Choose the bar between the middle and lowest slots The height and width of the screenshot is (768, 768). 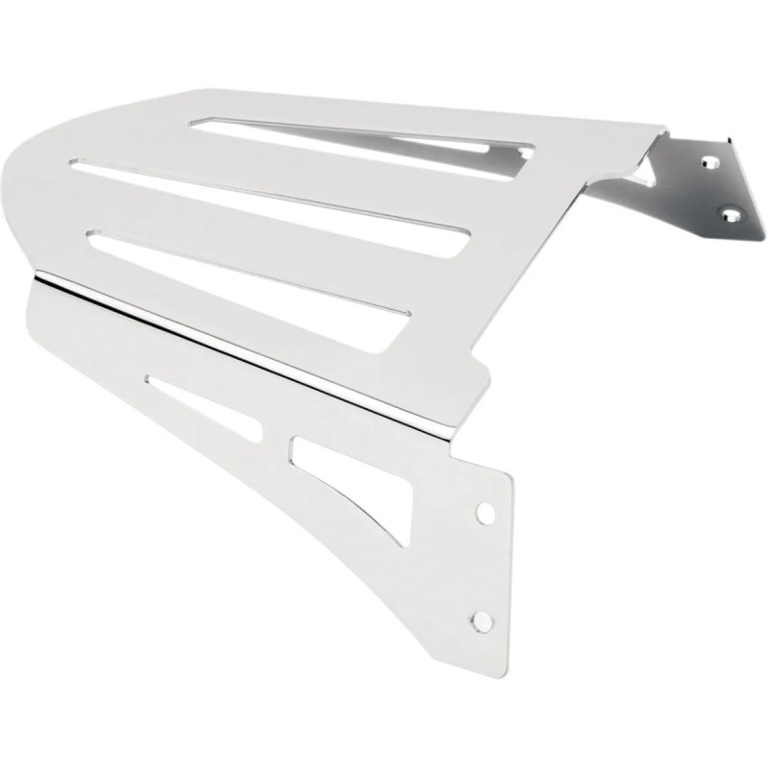point(288,222)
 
